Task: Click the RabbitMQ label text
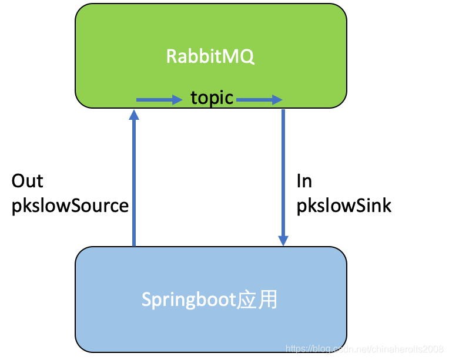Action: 210,56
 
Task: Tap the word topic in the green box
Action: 212,97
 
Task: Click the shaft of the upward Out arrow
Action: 134,182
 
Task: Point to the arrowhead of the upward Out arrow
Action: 134,115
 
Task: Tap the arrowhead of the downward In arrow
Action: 283,240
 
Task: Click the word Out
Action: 27,181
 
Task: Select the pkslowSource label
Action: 70,206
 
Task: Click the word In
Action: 304,181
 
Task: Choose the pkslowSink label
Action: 344,206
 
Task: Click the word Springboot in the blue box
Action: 188,300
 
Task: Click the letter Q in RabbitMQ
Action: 247,57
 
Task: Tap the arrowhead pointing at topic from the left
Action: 176,100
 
